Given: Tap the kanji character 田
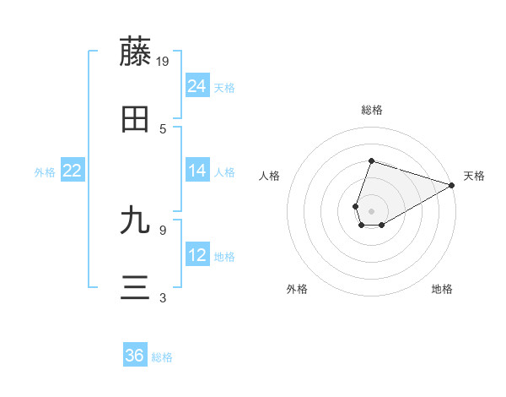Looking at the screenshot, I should coord(136,120).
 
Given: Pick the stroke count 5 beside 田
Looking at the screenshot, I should coord(163,128).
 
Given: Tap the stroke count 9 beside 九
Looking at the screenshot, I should coord(163,228).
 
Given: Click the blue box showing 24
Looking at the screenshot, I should coord(197,86).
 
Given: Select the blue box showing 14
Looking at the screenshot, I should coord(197,171).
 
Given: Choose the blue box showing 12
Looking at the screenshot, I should coord(197,255).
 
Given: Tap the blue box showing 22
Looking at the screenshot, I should coord(73,171).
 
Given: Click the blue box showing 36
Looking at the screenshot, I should coord(135,356).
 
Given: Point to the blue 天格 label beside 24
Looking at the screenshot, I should coord(224,88).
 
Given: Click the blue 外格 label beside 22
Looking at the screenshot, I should coord(45,172).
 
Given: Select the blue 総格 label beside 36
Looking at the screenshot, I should coord(162,357).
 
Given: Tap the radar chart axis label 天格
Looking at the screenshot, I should coord(474,176).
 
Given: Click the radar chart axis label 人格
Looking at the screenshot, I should coord(270,176).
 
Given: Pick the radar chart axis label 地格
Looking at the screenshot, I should coord(442,289).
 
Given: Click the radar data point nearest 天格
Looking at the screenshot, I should coord(451,185).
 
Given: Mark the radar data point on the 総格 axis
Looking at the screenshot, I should coord(371,160).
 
